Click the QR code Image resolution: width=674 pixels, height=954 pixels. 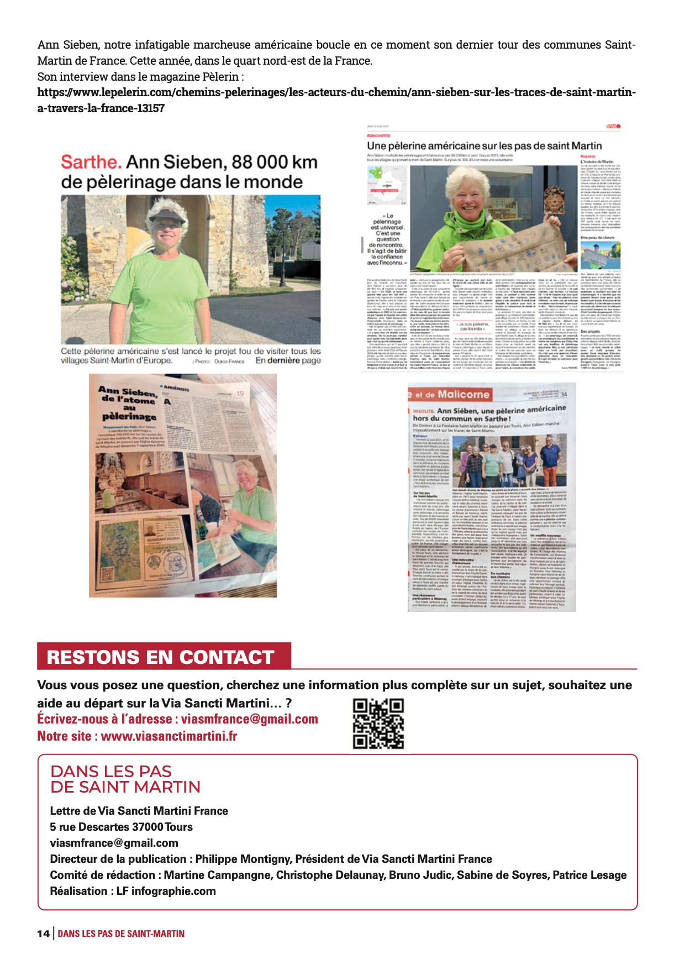point(378,724)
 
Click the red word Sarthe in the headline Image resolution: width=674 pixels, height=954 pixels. point(91,162)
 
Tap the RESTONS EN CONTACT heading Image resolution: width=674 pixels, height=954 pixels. point(161,657)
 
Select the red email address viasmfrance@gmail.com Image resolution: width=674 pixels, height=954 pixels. point(250,719)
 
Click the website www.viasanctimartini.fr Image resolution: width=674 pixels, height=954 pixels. point(169,736)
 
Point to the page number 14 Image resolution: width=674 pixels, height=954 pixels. point(43,934)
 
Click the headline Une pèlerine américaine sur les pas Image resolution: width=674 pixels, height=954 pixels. point(484,146)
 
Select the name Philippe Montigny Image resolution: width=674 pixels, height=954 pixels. point(243,859)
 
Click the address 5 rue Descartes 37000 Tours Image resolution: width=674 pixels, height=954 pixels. point(122,827)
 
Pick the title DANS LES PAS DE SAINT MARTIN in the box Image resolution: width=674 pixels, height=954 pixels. point(125,779)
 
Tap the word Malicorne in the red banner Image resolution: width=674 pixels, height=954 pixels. point(464,394)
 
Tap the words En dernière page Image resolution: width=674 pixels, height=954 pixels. point(288,360)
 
